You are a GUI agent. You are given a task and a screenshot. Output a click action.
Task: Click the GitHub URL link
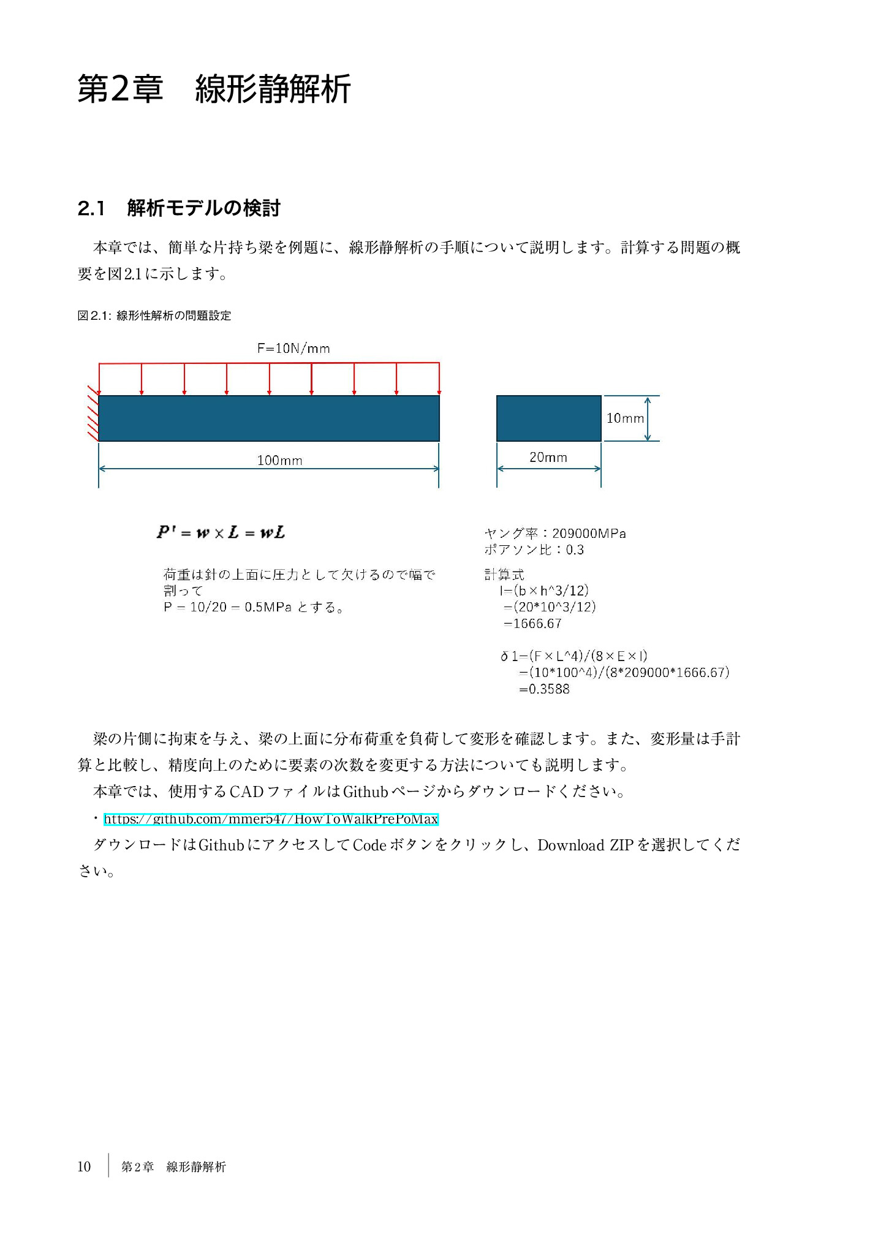pos(271,818)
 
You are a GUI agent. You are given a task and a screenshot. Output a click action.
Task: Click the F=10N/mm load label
pos(293,349)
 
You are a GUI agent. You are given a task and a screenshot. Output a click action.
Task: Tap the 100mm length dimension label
pos(279,460)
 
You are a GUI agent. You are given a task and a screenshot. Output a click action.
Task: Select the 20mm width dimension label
pos(548,457)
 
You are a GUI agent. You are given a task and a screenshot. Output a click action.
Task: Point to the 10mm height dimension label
pos(624,418)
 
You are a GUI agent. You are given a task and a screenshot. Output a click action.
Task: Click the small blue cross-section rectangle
pos(548,418)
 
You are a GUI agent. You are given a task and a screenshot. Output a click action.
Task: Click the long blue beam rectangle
pos(268,418)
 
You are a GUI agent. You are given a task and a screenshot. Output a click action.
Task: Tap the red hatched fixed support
pos(93,413)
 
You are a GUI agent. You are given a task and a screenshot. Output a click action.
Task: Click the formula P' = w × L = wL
pos(221,532)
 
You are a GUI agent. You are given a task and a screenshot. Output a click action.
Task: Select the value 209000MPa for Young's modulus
pos(589,533)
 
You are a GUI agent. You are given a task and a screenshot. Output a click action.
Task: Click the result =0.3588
pos(544,689)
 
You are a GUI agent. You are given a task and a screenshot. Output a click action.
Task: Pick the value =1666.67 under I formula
pos(532,624)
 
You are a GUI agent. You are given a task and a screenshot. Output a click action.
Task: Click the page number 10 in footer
pos(84,1166)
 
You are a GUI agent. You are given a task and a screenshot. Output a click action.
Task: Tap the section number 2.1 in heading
pos(91,208)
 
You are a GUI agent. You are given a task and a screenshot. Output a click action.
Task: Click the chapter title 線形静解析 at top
pos(273,89)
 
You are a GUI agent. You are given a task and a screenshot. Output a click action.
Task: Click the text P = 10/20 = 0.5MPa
pos(227,607)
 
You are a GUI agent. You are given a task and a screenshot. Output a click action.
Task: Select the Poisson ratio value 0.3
pos(575,550)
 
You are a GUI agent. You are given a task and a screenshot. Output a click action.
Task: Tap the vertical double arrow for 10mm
pos(648,418)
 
